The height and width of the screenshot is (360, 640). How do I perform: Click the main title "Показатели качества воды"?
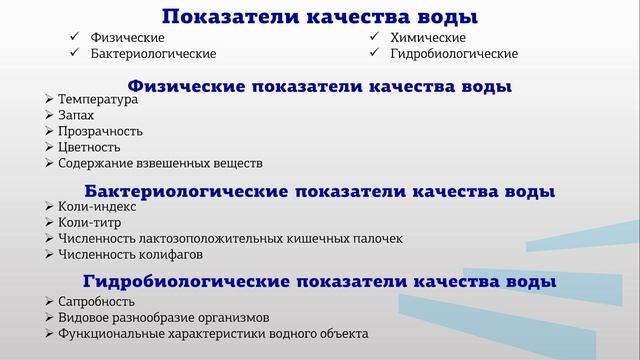pos(319,16)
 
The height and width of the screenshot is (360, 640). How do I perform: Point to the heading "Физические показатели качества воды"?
pos(320,86)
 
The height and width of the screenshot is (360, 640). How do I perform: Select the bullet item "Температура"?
pos(98,100)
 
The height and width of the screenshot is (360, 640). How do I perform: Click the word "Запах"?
pos(76,116)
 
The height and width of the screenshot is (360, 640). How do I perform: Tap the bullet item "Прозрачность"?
pos(101,131)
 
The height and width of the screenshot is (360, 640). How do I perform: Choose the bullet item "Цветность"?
pos(89,147)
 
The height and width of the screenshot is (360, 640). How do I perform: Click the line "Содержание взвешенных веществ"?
pos(160,163)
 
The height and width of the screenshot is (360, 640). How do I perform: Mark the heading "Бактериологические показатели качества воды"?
pos(320,190)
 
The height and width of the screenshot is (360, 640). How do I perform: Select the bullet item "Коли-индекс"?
pos(97,206)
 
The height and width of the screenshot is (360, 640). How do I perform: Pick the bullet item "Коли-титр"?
pos(91,222)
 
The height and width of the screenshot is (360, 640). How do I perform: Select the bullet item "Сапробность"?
pos(96,301)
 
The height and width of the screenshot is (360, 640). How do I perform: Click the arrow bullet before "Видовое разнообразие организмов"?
pos(50,317)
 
